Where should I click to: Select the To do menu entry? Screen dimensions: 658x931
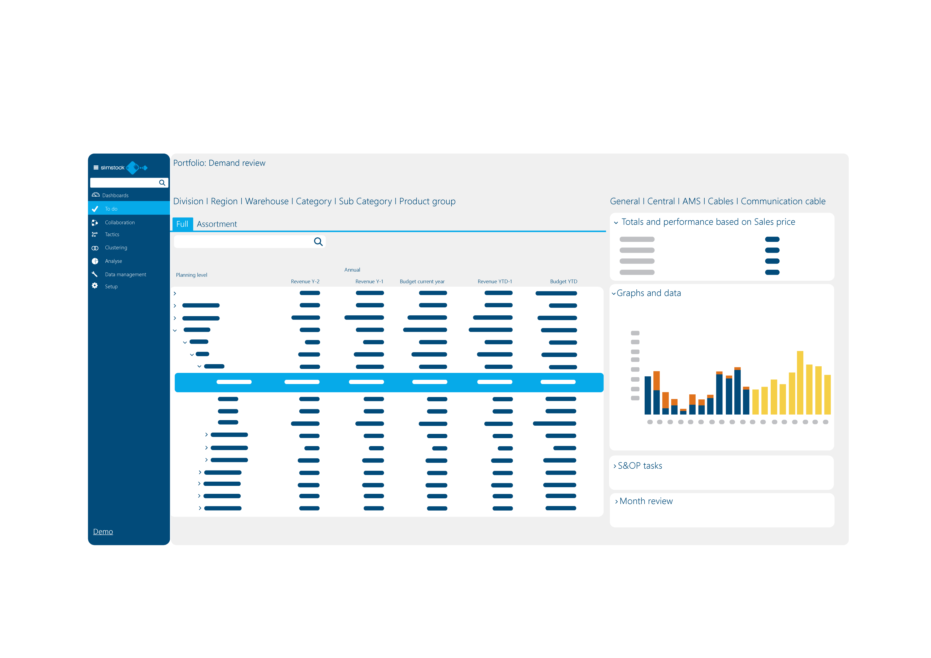[x=111, y=209]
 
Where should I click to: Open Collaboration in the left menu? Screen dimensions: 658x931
[x=120, y=223]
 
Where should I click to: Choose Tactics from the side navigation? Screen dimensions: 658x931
[x=112, y=234]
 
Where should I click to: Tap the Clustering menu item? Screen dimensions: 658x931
[x=116, y=247]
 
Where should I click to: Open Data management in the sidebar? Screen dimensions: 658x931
[x=125, y=274]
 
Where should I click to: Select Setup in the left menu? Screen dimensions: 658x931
[x=111, y=286]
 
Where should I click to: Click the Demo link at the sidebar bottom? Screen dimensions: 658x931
[x=103, y=531]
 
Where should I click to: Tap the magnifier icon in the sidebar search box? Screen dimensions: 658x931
[x=162, y=183]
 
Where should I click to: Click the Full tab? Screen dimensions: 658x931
[x=182, y=224]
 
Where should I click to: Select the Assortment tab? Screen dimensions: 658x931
[x=217, y=224]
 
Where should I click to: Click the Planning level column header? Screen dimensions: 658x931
[x=191, y=275]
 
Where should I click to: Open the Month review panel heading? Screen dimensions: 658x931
[x=645, y=501]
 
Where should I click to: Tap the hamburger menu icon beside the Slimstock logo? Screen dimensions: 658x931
[x=96, y=168]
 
